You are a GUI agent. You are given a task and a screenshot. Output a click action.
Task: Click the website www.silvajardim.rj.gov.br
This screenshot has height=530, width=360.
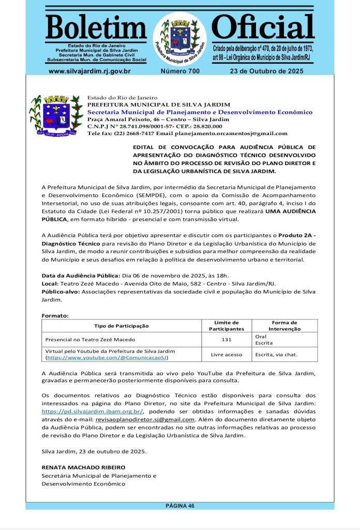[89, 71]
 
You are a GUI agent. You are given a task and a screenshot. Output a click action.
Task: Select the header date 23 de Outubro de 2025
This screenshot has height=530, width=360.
[266, 71]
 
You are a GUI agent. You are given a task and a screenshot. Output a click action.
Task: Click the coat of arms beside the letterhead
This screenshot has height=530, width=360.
[56, 115]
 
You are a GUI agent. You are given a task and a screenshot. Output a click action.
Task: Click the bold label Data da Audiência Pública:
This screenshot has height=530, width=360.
[81, 276]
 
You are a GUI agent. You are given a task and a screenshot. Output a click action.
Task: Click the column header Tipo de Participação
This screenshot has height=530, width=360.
[122, 326]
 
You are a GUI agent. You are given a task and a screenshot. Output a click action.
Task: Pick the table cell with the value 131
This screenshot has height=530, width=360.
[227, 340]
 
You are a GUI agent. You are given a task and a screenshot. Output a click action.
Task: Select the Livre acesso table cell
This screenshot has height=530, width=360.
[227, 355]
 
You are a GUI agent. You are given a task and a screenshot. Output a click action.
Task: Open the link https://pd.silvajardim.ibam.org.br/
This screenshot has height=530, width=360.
[92, 411]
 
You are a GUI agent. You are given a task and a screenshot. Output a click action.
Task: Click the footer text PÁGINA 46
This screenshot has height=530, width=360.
[179, 506]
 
